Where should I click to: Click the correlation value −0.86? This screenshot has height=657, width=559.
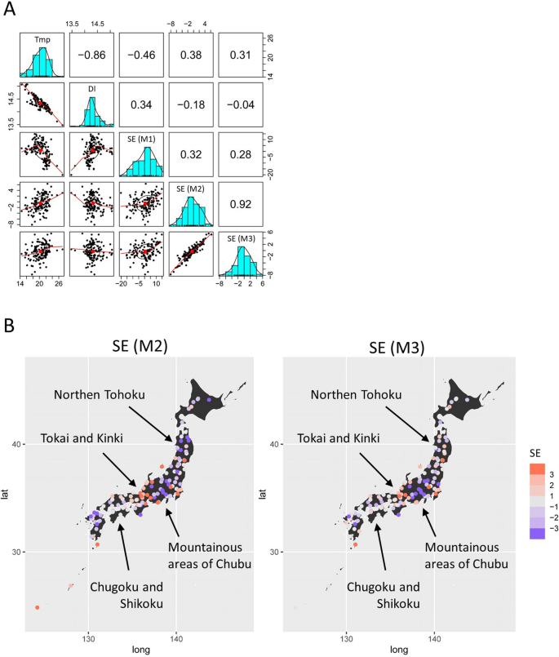pyautogui.click(x=92, y=55)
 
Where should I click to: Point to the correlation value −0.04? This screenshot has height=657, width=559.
pyautogui.click(x=241, y=105)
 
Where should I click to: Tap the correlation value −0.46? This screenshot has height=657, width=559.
pyautogui.click(x=142, y=55)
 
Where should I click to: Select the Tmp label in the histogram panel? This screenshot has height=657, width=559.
pyautogui.click(x=41, y=39)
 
